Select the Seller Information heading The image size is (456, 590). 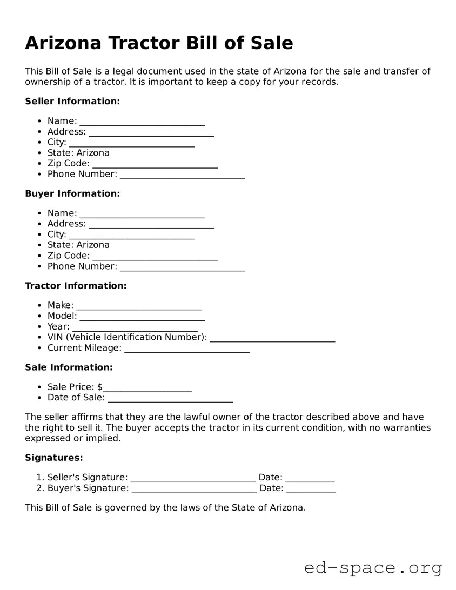pos(72,101)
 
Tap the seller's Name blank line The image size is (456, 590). pos(142,123)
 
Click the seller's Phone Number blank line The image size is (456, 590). pos(183,176)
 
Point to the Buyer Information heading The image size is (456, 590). pos(72,193)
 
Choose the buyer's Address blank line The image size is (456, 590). pos(151,225)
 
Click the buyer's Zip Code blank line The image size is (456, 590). pos(155,257)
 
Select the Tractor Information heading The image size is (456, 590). pos(76,286)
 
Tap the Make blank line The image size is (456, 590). pos(139,307)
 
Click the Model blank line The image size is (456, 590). pos(142,318)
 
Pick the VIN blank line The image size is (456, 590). pos(272,339)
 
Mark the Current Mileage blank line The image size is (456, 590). pos(187,350)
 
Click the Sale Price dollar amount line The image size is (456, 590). pos(147,388)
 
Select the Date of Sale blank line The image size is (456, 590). pos(170,399)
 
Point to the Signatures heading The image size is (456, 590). pos(54,458)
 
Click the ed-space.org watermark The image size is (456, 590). pos(373,568)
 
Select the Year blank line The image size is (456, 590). pos(135,328)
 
